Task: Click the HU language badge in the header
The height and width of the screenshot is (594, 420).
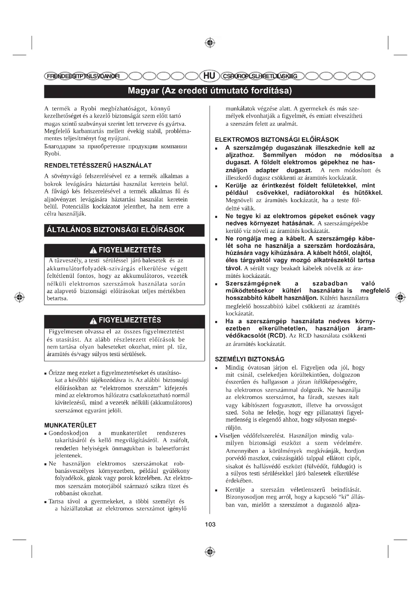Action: pyautogui.click(x=209, y=76)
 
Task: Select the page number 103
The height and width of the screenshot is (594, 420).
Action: pyautogui.click(x=210, y=524)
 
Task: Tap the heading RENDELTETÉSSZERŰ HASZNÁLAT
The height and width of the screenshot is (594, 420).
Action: pyautogui.click(x=98, y=166)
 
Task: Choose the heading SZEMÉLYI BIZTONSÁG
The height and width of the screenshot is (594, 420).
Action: pyautogui.click(x=250, y=359)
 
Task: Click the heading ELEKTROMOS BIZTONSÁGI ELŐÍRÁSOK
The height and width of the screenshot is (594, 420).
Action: pyautogui.click(x=277, y=140)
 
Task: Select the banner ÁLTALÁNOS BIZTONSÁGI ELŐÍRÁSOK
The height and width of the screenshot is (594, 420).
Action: pyautogui.click(x=116, y=230)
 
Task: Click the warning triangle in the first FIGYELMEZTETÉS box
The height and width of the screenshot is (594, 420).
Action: pyautogui.click(x=93, y=250)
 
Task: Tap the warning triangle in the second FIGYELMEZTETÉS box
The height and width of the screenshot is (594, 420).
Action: pyautogui.click(x=93, y=321)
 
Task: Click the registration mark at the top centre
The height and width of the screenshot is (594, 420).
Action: pyautogui.click(x=210, y=43)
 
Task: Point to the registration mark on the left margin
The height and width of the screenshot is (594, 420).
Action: pyautogui.click(x=20, y=297)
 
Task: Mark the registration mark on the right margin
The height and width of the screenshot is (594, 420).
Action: pyautogui.click(x=400, y=297)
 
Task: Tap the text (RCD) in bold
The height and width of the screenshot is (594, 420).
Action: pyautogui.click(x=277, y=336)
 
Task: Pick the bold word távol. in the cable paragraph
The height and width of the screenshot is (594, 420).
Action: pyautogui.click(x=234, y=268)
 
